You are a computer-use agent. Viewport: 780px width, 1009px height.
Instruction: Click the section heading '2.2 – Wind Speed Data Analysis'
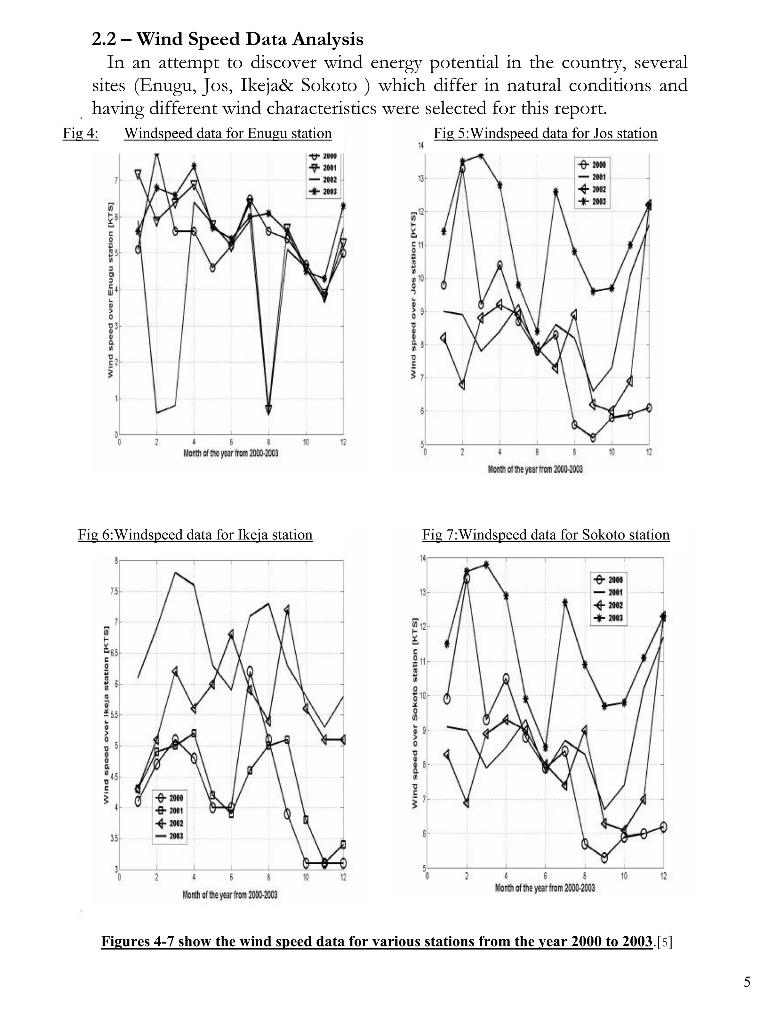(x=227, y=39)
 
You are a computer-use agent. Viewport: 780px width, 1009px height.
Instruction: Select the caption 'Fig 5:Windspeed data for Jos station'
(x=545, y=134)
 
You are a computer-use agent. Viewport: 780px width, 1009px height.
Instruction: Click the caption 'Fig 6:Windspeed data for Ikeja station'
(x=195, y=535)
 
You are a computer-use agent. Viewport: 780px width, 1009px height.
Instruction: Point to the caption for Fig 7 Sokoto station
(x=546, y=535)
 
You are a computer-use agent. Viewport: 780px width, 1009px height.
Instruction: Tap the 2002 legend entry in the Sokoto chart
(x=609, y=605)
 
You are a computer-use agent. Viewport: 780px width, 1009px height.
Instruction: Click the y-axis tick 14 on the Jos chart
(x=421, y=146)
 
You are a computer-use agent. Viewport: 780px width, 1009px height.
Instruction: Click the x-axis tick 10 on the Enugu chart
(x=306, y=442)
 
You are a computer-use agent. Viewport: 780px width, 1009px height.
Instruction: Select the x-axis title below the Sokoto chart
(x=545, y=888)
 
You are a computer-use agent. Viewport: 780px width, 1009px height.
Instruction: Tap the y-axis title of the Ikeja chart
(x=106, y=715)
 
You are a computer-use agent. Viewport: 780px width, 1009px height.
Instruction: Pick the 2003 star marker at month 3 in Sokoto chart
(x=486, y=565)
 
